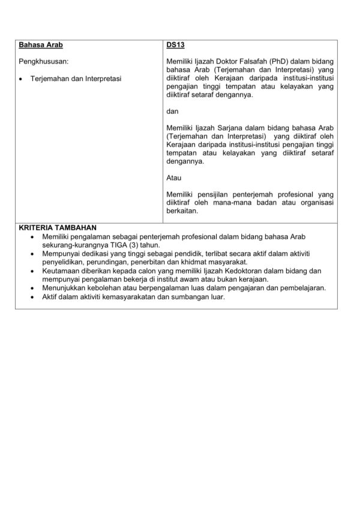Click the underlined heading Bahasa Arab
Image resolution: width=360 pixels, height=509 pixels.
click(41, 46)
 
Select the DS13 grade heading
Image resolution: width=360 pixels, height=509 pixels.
click(176, 46)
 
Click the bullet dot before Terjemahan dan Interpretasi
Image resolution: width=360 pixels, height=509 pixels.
click(21, 79)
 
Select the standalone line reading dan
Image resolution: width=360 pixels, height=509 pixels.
click(172, 112)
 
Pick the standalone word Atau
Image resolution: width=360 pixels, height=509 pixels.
click(173, 178)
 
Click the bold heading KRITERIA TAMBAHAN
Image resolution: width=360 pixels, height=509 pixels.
click(57, 228)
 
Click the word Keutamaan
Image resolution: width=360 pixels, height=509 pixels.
click(63, 271)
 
